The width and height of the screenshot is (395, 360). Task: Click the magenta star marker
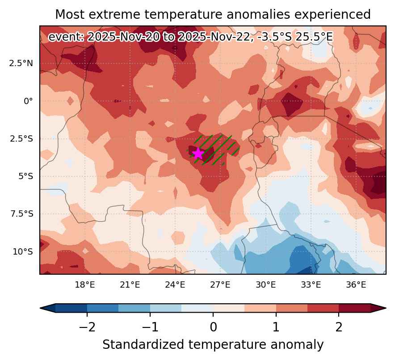point(198,154)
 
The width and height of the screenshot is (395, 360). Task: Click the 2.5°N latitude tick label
point(21,63)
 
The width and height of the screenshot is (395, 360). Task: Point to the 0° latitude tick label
point(28,101)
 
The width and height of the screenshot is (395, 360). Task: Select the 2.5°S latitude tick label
point(21,139)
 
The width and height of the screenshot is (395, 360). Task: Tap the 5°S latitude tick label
point(26,176)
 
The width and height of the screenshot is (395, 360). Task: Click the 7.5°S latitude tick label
point(21,214)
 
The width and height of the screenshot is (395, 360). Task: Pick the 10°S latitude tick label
point(23,251)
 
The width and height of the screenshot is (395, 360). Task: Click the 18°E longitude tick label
point(85,285)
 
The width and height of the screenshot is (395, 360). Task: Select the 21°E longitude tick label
point(130,285)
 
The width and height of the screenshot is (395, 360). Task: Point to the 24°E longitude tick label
point(175,285)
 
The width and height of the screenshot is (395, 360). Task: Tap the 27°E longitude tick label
point(220,285)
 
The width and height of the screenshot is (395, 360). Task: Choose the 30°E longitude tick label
point(265,285)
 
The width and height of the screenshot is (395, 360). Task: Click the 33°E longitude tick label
point(311,285)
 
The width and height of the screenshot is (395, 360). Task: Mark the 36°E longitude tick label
point(356,285)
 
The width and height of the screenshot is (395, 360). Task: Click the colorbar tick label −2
point(87,327)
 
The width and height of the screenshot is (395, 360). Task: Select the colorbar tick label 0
point(214,327)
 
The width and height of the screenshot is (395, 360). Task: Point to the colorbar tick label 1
point(276,327)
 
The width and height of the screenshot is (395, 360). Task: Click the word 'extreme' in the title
point(117,14)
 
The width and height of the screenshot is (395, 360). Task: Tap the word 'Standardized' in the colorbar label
point(143,344)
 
